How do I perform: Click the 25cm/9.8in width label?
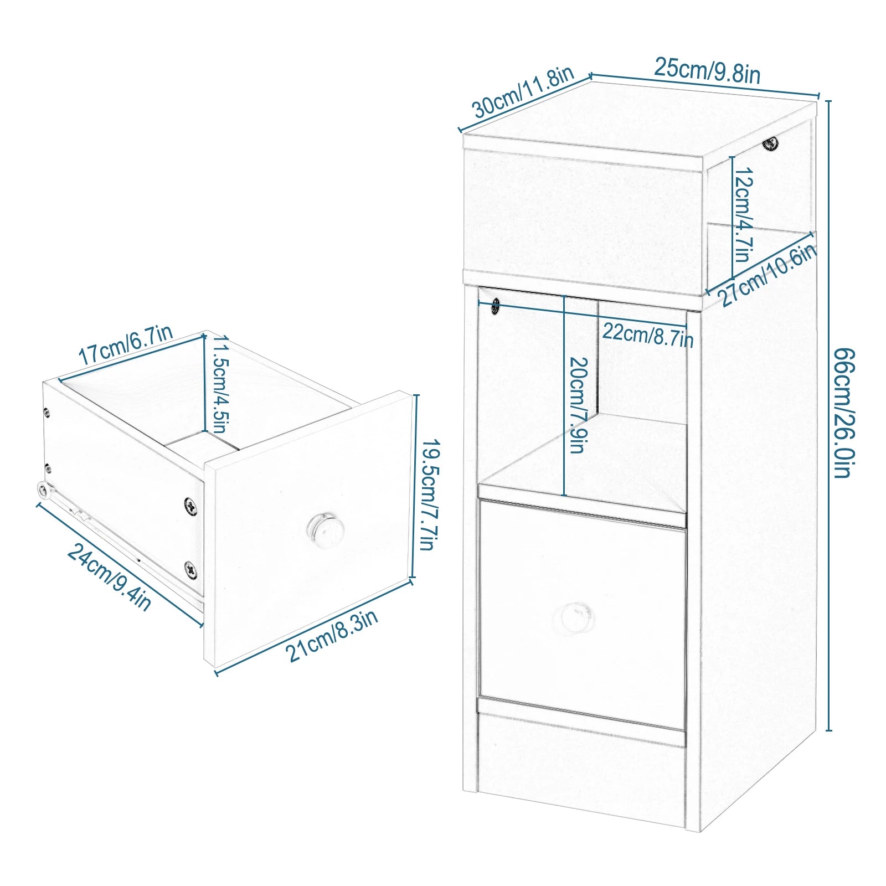tap(707, 71)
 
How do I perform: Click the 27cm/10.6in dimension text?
tap(767, 275)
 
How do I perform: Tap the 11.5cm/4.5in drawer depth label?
tap(218, 384)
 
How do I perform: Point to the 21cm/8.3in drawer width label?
tap(332, 635)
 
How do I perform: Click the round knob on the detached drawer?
tap(325, 529)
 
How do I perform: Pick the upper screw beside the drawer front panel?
tap(190, 506)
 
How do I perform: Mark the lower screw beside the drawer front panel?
tap(190, 569)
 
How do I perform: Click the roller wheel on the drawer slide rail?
tap(43, 489)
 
